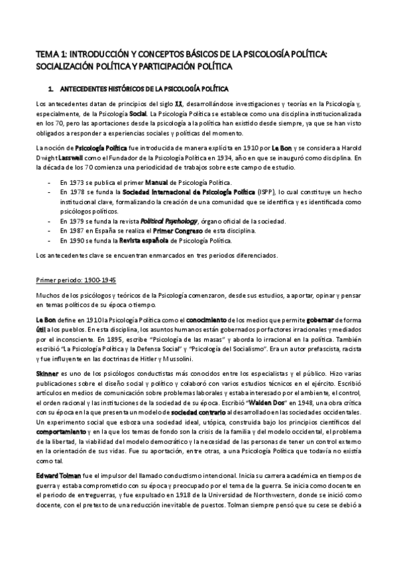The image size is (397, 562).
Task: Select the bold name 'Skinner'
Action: (x=48, y=374)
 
